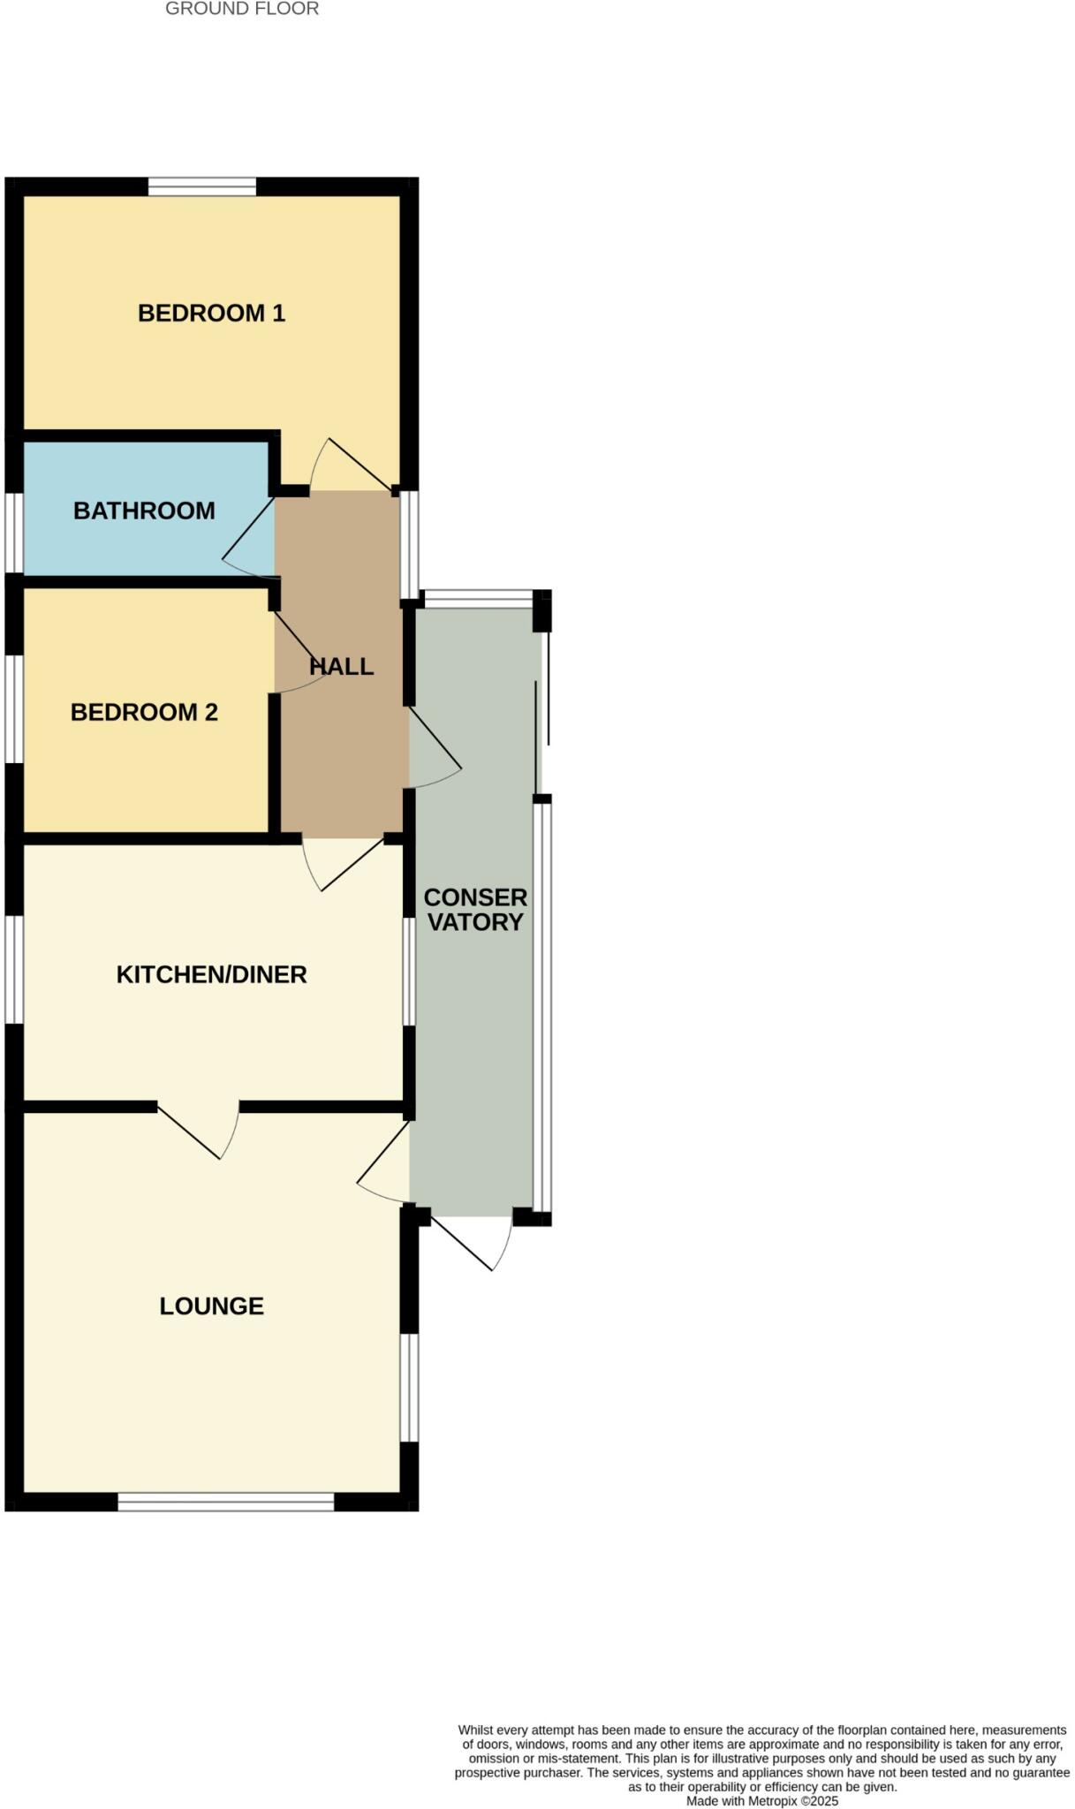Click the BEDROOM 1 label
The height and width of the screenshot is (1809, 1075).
point(211,314)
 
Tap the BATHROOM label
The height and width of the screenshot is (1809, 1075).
point(144,511)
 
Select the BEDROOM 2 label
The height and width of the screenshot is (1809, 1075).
point(144,712)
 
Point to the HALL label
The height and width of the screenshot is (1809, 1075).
point(342,666)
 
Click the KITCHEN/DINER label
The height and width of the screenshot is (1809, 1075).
point(211,974)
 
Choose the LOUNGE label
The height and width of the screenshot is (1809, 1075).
point(211,1306)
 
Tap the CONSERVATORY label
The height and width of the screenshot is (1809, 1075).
point(475,910)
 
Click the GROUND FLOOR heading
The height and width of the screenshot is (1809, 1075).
point(242,9)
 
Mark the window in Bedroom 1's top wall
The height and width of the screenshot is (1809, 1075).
point(201,186)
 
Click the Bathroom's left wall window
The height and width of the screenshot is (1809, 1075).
point(13,533)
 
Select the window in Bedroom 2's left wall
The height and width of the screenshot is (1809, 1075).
point(13,708)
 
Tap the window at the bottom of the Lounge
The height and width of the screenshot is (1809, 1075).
point(226,1502)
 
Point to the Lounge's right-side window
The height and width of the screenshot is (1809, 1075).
point(409,1388)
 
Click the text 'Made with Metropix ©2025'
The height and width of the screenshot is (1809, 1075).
point(761,1800)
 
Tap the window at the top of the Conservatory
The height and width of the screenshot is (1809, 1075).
point(477,598)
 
